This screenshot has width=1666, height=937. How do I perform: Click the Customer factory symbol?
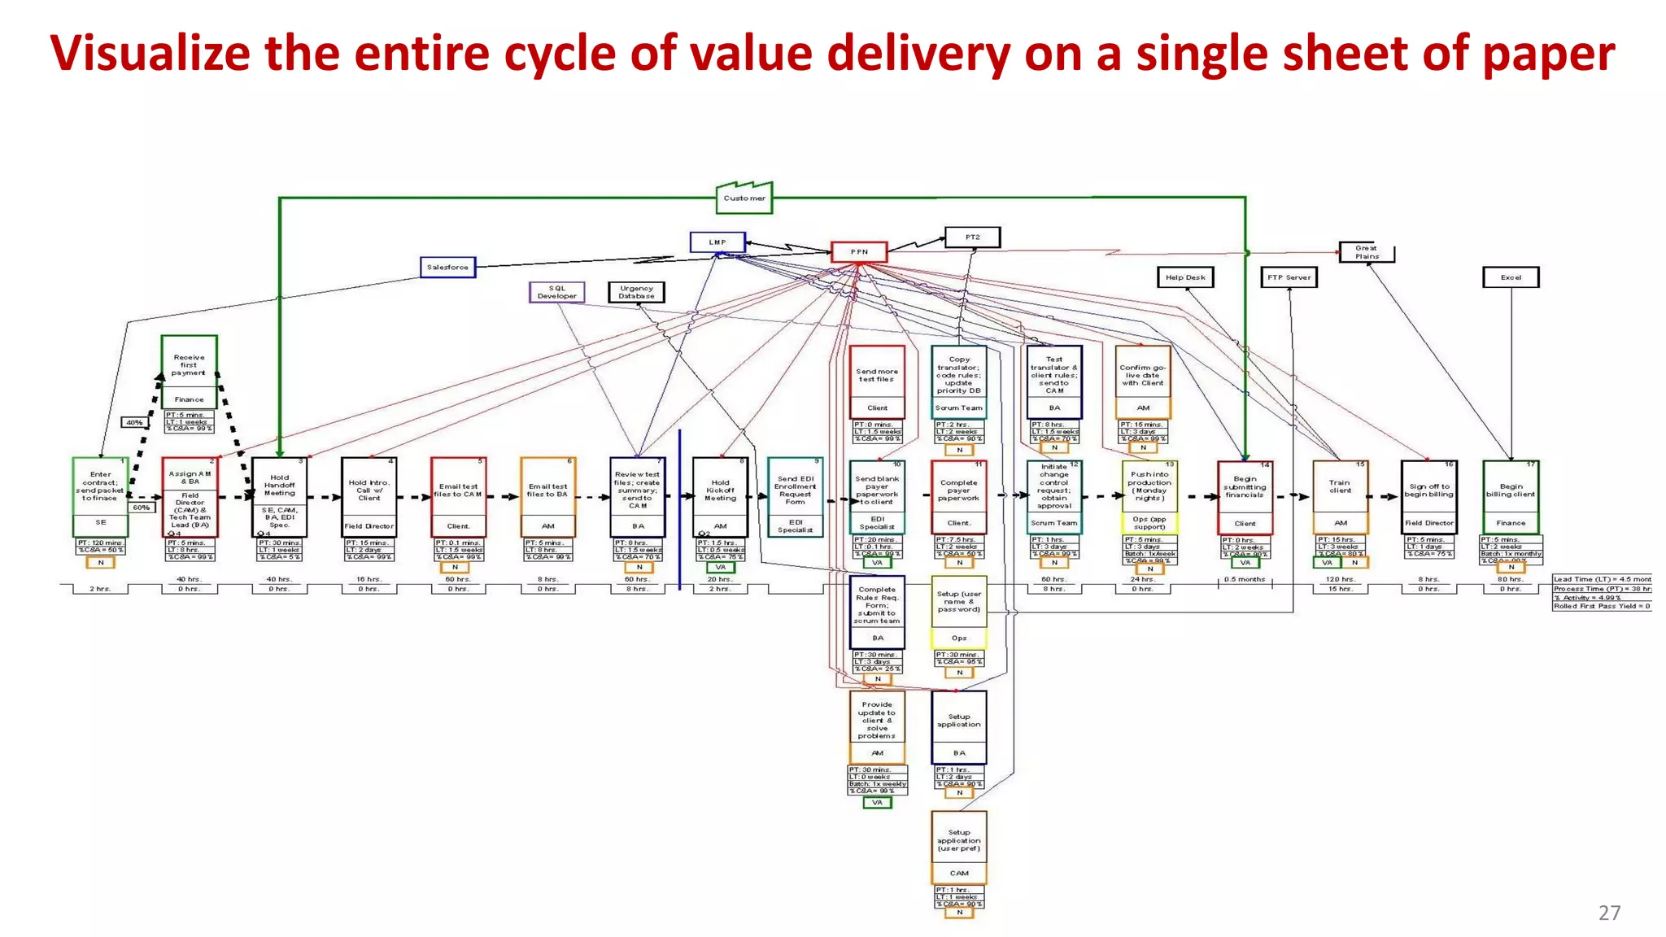744,198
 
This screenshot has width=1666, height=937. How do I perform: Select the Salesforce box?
447,267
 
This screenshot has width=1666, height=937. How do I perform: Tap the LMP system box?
717,242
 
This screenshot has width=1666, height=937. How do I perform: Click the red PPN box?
859,251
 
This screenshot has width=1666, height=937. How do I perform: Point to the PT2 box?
972,237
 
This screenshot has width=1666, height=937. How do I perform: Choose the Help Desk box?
1184,277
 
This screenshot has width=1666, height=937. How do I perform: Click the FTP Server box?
1289,277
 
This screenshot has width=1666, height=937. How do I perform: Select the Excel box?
1511,277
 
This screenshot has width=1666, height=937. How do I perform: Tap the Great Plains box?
1367,252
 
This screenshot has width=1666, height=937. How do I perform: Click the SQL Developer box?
556,292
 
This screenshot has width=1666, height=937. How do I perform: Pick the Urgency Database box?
636,292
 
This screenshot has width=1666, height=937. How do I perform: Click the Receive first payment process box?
189,372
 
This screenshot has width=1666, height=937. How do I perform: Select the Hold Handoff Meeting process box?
279,496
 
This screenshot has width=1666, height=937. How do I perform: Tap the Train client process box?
1340,496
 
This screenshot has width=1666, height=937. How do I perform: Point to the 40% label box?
134,422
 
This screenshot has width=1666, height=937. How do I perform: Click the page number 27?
1609,913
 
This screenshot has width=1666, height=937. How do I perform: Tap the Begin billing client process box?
1511,496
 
